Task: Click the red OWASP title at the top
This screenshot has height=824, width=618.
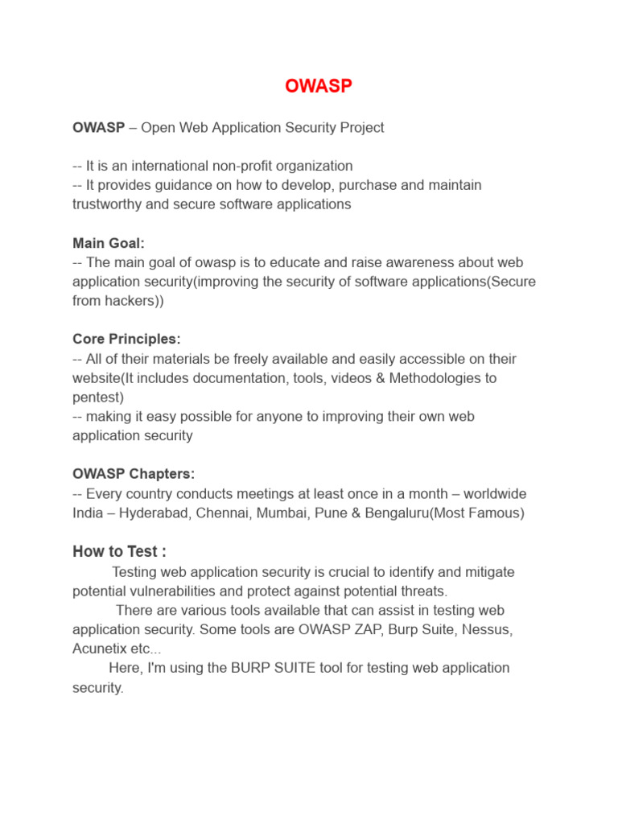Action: [319, 86]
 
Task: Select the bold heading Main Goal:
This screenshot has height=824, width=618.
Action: [109, 243]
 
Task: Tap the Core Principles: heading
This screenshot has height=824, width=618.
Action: [126, 339]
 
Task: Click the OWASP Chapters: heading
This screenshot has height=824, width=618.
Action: [134, 474]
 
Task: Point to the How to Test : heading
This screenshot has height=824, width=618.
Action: [119, 551]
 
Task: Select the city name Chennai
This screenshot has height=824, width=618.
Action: [220, 513]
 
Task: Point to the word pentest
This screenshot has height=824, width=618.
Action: [98, 398]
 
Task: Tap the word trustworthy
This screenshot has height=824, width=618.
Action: [110, 204]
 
